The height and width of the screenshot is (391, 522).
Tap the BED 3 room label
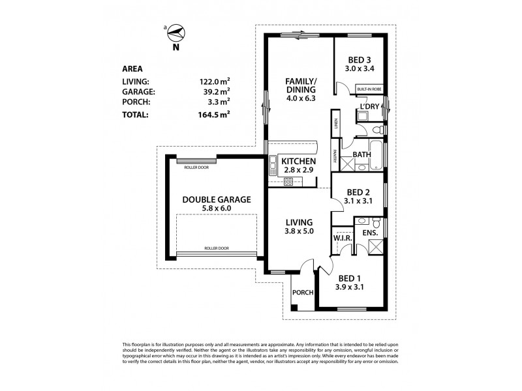[x=359, y=56]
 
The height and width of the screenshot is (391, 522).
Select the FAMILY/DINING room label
[x=301, y=85]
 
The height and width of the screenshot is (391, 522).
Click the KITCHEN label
[x=298, y=162]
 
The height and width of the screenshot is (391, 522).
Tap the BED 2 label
[x=358, y=192]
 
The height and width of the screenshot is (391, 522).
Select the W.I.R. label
[x=343, y=239]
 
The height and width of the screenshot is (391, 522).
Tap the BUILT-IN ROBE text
[x=369, y=89]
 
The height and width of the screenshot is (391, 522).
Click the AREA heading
[x=133, y=68]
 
